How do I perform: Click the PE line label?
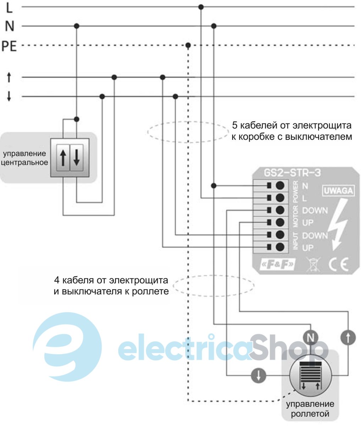(x=9, y=46)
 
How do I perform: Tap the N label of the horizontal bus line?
(x=10, y=26)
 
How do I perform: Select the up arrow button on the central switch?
(x=63, y=158)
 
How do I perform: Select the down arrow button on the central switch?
(x=76, y=158)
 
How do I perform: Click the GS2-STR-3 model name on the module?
(x=292, y=173)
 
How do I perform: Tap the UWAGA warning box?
(x=338, y=191)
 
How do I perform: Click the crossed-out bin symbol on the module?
(x=312, y=264)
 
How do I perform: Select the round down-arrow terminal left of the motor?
(x=258, y=375)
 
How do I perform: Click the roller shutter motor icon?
(x=310, y=377)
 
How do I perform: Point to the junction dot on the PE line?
(x=188, y=45)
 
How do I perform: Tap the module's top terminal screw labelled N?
(x=280, y=185)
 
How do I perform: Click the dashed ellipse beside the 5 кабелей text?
(x=188, y=132)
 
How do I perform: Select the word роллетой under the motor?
(x=310, y=414)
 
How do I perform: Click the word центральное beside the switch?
(x=25, y=163)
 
